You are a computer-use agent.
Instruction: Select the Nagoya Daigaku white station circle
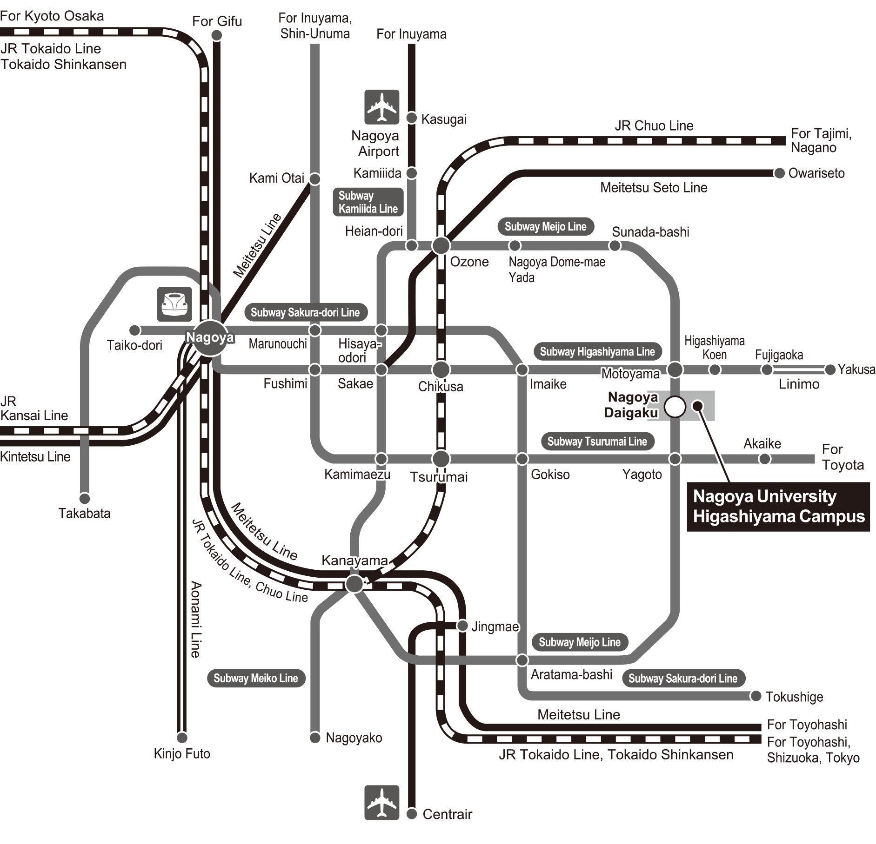pyautogui.click(x=675, y=407)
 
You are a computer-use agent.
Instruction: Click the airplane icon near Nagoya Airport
pyautogui.click(x=382, y=107)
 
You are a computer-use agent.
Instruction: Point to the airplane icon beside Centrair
pyautogui.click(x=382, y=803)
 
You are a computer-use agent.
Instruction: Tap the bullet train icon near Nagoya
pyautogui.click(x=174, y=304)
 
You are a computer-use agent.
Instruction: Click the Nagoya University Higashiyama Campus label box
pyautogui.click(x=778, y=507)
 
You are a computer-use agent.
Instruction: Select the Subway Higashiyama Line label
pyautogui.click(x=597, y=352)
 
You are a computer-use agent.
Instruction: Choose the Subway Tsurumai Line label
pyautogui.click(x=597, y=441)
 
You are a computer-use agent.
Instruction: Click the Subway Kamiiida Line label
pyautogui.click(x=368, y=202)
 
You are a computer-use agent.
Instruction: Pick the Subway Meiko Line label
pyautogui.click(x=255, y=678)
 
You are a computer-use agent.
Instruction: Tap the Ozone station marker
pyautogui.click(x=441, y=245)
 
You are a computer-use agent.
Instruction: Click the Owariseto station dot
pyautogui.click(x=779, y=173)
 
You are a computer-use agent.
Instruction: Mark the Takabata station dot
pyautogui.click(x=84, y=499)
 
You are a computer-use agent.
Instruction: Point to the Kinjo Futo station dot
pyautogui.click(x=182, y=738)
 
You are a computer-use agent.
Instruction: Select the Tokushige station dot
pyautogui.click(x=756, y=696)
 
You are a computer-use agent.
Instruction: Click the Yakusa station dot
pyautogui.click(x=830, y=370)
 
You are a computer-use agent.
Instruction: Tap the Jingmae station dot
pyautogui.click(x=462, y=626)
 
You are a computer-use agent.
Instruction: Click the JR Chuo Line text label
pyautogui.click(x=654, y=125)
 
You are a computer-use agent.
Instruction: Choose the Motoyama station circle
pyautogui.click(x=675, y=370)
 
